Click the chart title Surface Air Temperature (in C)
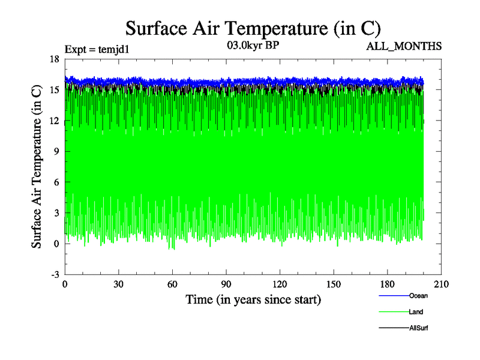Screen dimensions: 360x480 coord(253,28)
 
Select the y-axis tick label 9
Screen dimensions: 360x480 coord(56,151)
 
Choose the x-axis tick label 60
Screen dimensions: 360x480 coord(172,285)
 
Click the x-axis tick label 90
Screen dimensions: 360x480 coord(226,285)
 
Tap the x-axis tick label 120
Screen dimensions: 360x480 coord(280,285)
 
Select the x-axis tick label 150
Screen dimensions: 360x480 coord(334,285)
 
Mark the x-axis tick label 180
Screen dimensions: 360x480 coord(388,285)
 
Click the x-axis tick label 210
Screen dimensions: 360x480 coord(441,285)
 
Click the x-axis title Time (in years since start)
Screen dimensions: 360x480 coord(253,299)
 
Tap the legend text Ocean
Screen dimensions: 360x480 coord(418,296)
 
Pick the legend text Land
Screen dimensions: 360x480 coord(416,312)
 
